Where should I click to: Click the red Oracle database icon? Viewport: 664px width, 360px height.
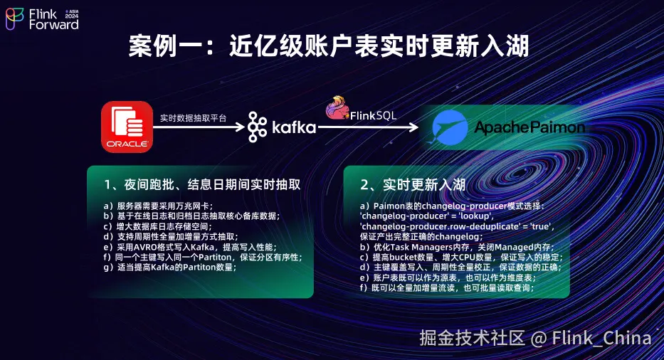tap(127, 127)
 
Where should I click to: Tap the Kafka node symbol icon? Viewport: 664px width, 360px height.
tap(258, 127)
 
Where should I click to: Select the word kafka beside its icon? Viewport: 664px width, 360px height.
tap(294, 127)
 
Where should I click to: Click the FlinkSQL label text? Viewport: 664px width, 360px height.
tap(373, 115)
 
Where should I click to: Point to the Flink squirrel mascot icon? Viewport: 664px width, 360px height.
tap(337, 107)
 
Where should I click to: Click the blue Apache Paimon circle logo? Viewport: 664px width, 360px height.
tap(449, 127)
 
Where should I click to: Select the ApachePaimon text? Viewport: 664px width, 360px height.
tap(529, 127)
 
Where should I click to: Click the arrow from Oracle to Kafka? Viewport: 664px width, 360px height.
tap(199, 127)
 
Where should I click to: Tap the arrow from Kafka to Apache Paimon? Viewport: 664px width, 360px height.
tap(368, 127)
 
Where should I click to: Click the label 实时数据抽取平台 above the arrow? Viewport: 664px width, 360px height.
tap(193, 118)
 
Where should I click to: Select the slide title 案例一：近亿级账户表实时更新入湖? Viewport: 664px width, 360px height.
tap(329, 46)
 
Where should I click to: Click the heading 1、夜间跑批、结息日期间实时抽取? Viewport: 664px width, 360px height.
tap(202, 185)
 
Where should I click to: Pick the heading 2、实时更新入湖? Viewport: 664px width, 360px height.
tap(413, 185)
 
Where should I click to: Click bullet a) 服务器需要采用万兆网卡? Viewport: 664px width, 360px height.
tap(159, 206)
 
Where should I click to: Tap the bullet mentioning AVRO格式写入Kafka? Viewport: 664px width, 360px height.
tap(190, 247)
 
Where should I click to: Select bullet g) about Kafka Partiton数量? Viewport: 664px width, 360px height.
tap(170, 268)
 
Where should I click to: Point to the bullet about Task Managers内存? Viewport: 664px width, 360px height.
tap(457, 247)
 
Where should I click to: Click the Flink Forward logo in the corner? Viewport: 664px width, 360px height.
tap(42, 19)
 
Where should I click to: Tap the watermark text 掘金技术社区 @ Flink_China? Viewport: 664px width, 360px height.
tap(535, 338)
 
